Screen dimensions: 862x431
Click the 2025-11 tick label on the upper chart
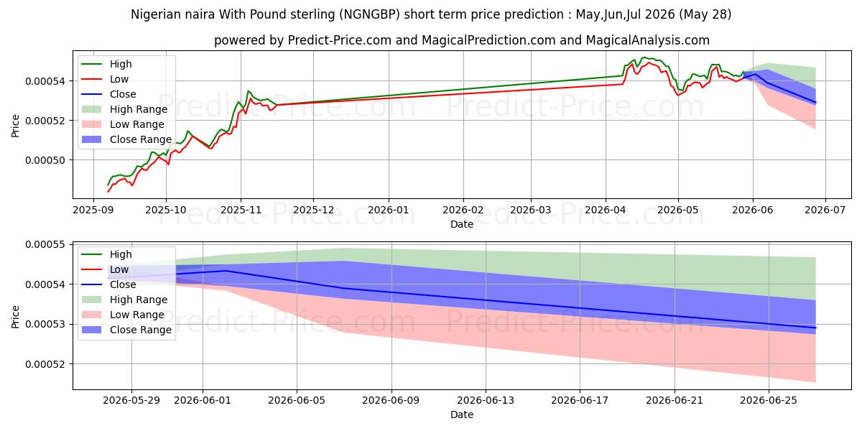point(241,210)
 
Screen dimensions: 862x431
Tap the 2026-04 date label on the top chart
point(606,210)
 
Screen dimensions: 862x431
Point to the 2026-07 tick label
point(825,210)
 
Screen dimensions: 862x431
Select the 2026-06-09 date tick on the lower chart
point(391,401)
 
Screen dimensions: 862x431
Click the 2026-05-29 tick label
point(131,401)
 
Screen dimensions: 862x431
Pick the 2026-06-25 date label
point(769,401)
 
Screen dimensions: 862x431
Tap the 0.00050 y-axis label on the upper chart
point(45,160)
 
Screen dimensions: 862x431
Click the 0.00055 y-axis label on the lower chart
point(45,245)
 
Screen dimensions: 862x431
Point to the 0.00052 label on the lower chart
point(45,364)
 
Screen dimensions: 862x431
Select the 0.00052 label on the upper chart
point(45,121)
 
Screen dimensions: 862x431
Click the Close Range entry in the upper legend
point(126,139)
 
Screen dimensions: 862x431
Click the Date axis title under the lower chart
point(462,414)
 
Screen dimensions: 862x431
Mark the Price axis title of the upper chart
point(15,126)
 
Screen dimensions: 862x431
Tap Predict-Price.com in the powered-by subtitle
point(340,40)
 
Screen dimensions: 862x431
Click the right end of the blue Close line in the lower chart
point(816,328)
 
